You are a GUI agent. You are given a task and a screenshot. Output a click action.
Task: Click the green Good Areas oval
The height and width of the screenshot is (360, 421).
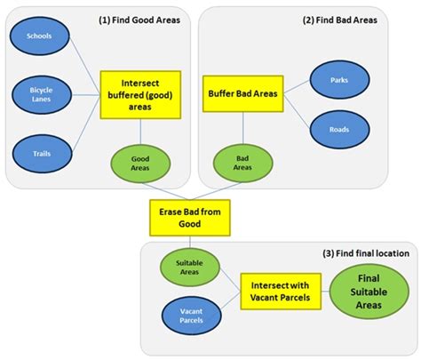[139, 163]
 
